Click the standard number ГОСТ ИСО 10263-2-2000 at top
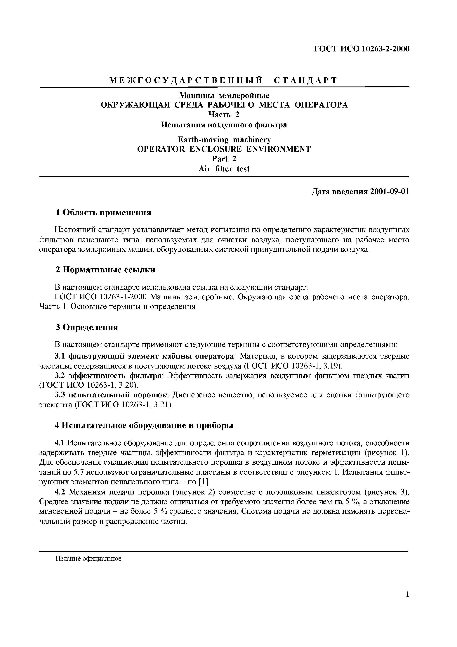pos(361,49)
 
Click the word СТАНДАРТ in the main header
pos(305,81)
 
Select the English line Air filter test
pos(224,169)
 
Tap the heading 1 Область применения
pos(103,212)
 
